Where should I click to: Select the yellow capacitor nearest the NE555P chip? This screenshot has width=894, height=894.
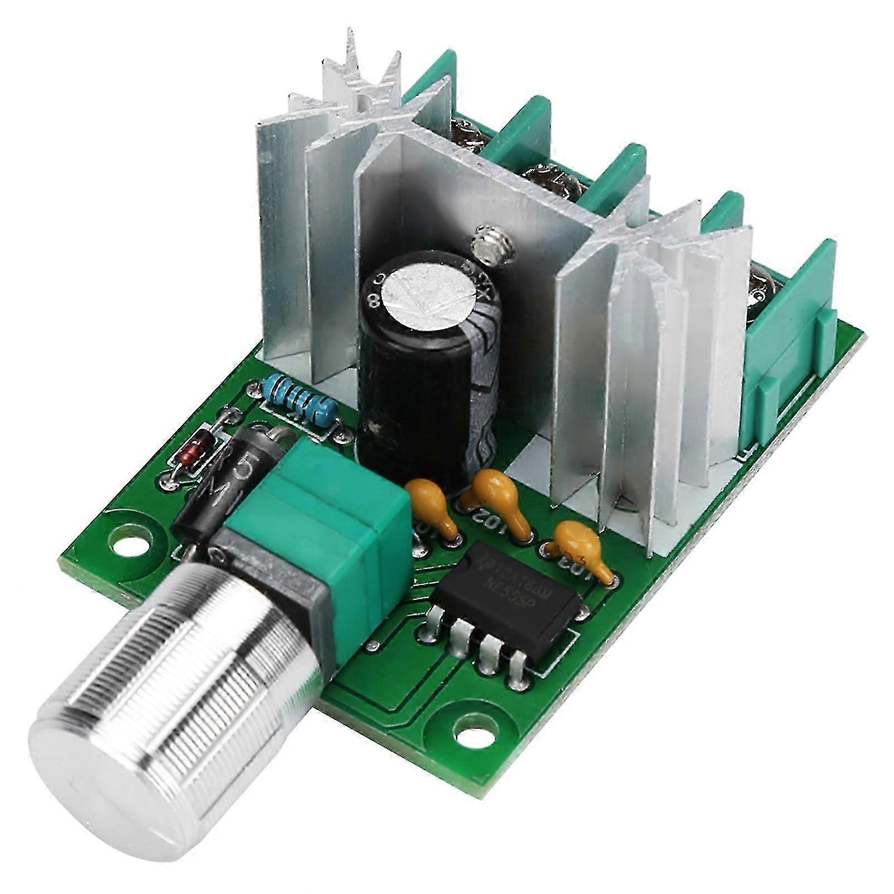(x=581, y=544)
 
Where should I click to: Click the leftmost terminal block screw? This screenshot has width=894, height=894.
(x=466, y=134)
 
